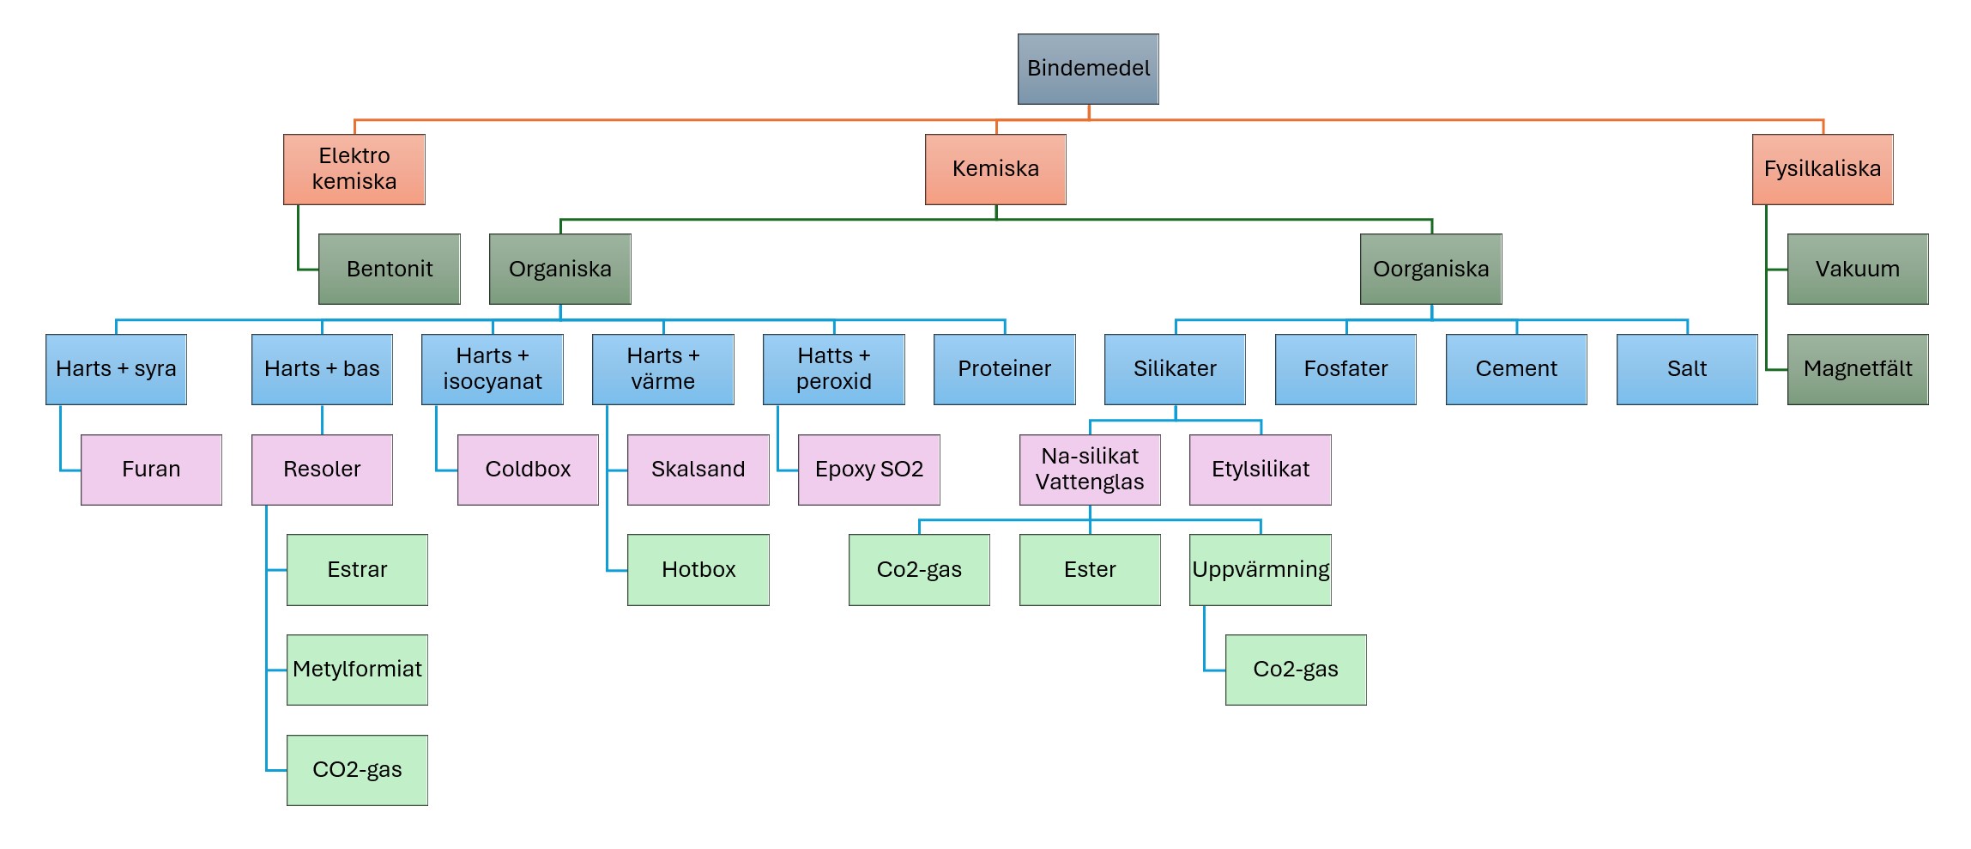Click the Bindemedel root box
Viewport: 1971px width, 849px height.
[x=1088, y=69]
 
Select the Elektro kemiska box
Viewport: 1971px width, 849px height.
[x=354, y=169]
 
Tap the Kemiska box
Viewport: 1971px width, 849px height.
[x=995, y=169]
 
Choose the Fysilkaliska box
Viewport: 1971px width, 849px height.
[x=1822, y=169]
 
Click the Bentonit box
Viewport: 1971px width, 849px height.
[x=389, y=269]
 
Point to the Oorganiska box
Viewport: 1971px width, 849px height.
[x=1430, y=269]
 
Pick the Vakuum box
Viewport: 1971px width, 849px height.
[x=1857, y=269]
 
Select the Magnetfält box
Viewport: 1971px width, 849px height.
[x=1857, y=369]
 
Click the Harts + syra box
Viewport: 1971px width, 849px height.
[x=116, y=369]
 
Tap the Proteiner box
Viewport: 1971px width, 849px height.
[x=1004, y=369]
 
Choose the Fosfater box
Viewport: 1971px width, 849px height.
[x=1345, y=369]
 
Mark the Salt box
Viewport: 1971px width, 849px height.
[x=1687, y=369]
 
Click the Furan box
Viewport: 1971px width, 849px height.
[x=151, y=470]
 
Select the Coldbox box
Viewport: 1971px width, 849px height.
[x=528, y=470]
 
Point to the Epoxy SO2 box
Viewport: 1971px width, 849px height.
[x=868, y=470]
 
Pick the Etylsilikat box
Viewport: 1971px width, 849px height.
[x=1260, y=470]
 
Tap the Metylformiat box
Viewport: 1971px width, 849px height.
[x=357, y=670]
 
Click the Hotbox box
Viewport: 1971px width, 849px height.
[x=698, y=570]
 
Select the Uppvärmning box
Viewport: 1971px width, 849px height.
[x=1260, y=570]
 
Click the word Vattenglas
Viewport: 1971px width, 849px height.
[x=1090, y=482]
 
